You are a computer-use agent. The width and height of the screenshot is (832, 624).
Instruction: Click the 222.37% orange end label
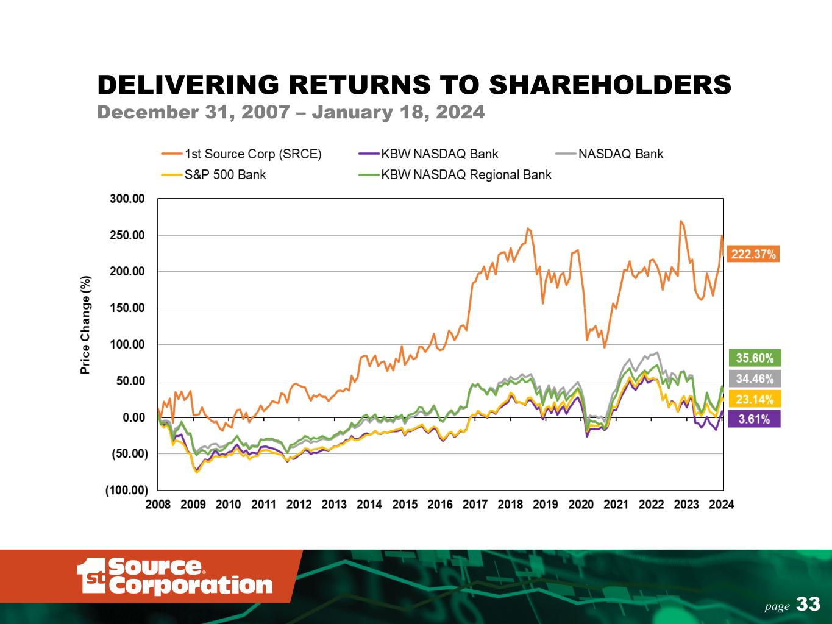tap(753, 254)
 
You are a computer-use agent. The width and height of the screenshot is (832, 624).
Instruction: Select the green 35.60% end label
tap(755, 358)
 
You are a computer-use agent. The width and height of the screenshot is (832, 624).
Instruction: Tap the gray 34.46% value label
tap(755, 378)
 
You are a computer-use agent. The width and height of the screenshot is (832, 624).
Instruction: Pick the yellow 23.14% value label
tap(755, 399)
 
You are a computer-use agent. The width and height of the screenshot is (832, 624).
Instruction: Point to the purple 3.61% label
tap(755, 419)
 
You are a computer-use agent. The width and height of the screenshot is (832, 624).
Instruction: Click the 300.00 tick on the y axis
tap(128, 199)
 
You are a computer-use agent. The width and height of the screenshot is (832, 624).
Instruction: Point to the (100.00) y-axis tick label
tap(127, 490)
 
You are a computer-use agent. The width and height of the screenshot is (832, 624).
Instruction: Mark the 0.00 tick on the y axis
tap(133, 417)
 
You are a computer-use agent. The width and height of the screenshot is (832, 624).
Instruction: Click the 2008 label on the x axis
tap(158, 505)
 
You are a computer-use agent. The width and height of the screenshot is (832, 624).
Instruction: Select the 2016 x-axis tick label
tap(440, 505)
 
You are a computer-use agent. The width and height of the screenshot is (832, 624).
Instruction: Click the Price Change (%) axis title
tap(86, 324)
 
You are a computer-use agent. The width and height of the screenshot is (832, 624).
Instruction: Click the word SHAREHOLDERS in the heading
tap(611, 85)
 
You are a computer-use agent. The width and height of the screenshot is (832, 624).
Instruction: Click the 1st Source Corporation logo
tap(175, 576)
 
